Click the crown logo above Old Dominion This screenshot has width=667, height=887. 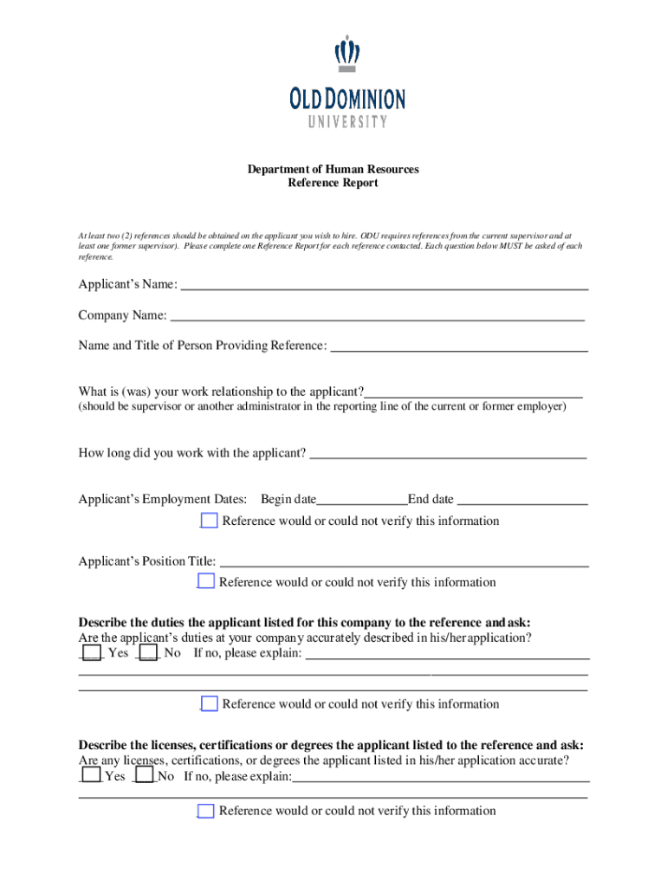coord(347,55)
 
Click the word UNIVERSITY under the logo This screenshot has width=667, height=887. coord(347,122)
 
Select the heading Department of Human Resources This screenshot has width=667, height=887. coord(333,169)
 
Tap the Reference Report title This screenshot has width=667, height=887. coord(333,184)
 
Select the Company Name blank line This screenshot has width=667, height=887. coord(377,318)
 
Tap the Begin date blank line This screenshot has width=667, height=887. coord(362,502)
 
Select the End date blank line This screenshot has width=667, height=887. coord(522,502)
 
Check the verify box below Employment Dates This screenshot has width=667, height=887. coord(209,521)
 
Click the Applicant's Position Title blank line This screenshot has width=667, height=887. coord(405,564)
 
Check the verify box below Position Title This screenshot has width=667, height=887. coord(206,581)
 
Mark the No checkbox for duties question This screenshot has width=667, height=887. coord(148,652)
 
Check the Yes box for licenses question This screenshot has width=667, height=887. coord(90,775)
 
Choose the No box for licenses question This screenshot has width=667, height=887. coord(145,775)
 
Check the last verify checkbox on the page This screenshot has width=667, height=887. coord(206,811)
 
